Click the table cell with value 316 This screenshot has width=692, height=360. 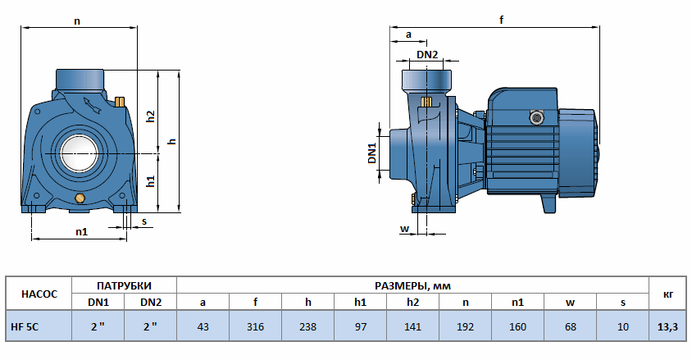pyautogui.click(x=255, y=326)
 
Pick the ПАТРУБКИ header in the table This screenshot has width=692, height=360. pyautogui.click(x=124, y=285)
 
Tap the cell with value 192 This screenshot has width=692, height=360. pyautogui.click(x=465, y=326)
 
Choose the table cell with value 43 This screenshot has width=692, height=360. pyautogui.click(x=203, y=326)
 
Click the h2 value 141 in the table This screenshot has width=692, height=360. pyautogui.click(x=412, y=326)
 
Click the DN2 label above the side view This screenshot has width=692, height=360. pyautogui.click(x=427, y=55)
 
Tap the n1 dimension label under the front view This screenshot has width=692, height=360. pyautogui.click(x=81, y=232)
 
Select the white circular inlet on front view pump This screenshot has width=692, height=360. pyautogui.click(x=79, y=153)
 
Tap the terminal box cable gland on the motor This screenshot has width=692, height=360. pyautogui.click(x=537, y=117)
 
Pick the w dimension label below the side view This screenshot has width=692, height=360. pyautogui.click(x=404, y=228)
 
